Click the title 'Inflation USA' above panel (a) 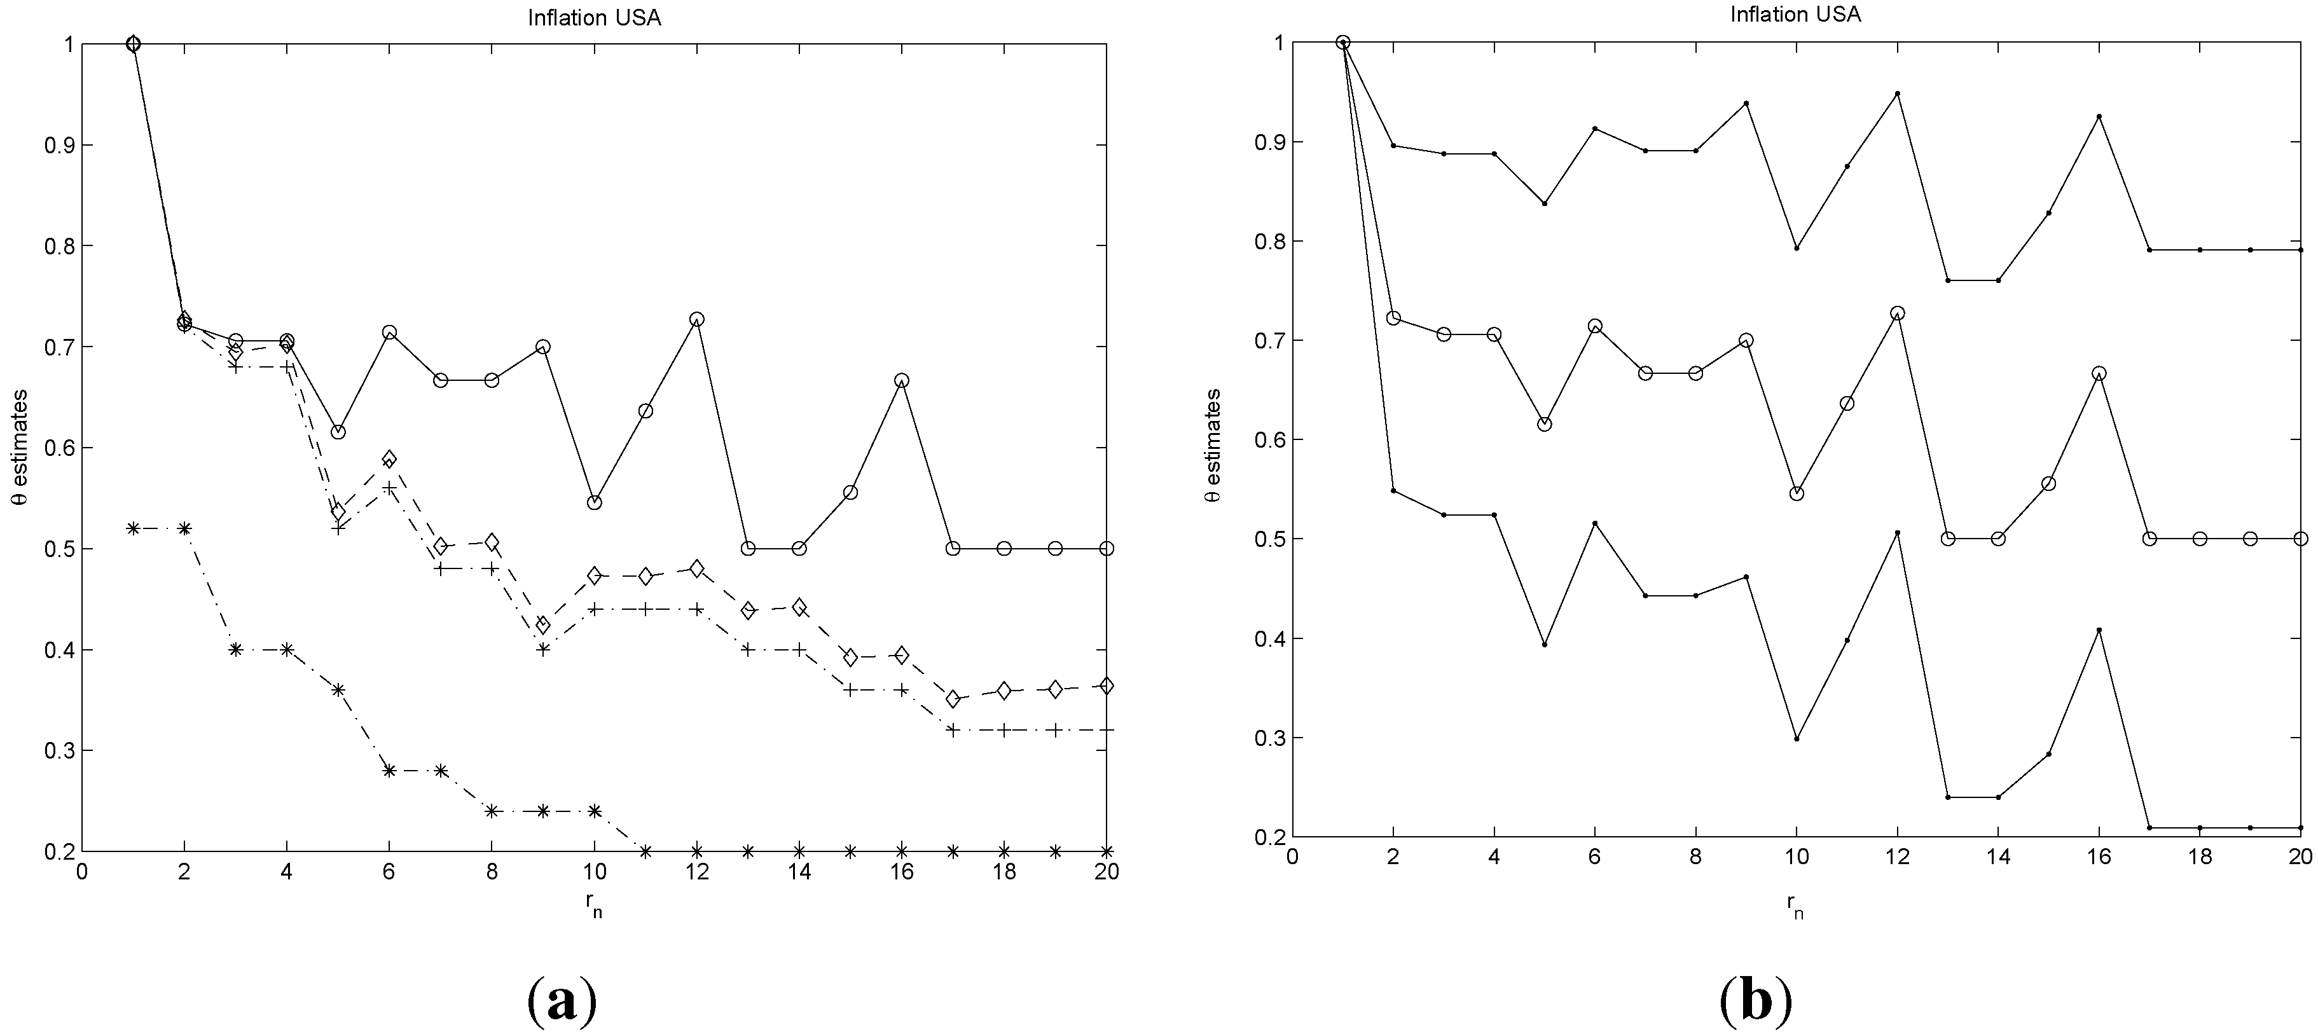click(x=594, y=18)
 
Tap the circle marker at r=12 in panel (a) click(x=696, y=319)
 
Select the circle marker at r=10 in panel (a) click(x=594, y=502)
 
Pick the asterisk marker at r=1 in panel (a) click(x=133, y=528)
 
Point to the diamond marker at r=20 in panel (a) click(x=1107, y=685)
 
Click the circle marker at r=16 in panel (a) click(x=902, y=381)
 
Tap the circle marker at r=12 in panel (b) click(x=1897, y=313)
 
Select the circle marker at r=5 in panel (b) click(x=1544, y=423)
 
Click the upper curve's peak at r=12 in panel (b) click(x=1897, y=93)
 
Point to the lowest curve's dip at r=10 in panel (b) click(x=1796, y=739)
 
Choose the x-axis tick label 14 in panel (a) click(x=799, y=872)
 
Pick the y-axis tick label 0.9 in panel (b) click(x=1266, y=142)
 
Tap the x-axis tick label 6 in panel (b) click(x=1594, y=857)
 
